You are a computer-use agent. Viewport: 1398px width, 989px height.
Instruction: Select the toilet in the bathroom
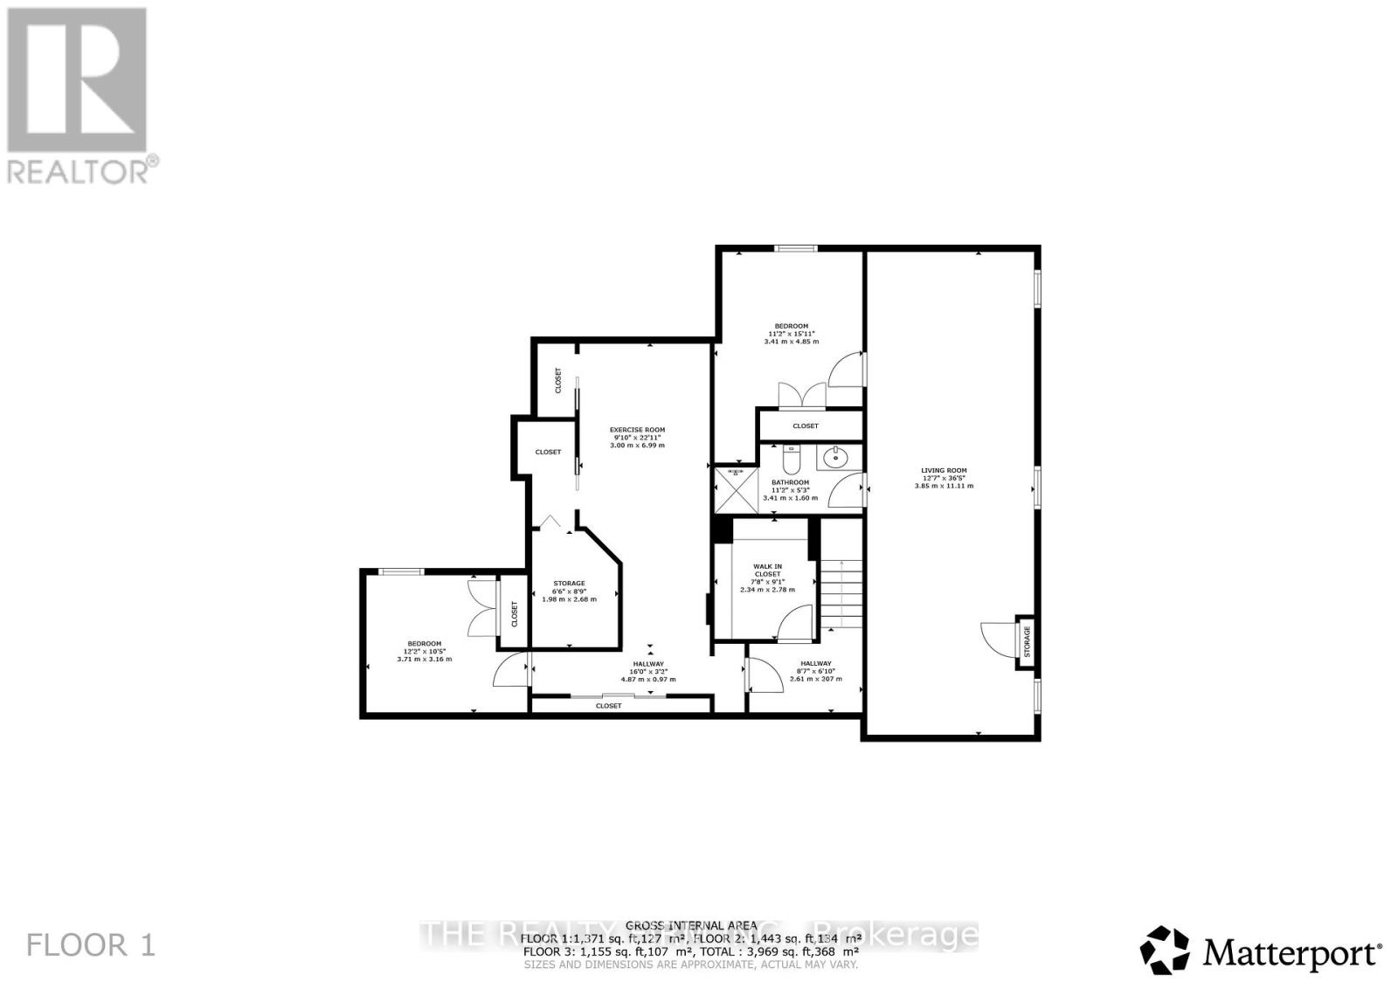click(x=792, y=458)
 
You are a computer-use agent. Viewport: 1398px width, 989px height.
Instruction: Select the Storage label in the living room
click(x=1028, y=642)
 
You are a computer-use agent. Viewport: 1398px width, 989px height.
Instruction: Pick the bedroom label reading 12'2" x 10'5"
click(x=424, y=651)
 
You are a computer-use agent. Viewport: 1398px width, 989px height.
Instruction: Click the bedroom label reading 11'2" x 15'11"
click(x=792, y=334)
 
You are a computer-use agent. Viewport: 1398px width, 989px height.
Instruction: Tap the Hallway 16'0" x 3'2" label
click(x=648, y=671)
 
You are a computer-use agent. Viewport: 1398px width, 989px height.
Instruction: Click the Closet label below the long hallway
click(x=608, y=705)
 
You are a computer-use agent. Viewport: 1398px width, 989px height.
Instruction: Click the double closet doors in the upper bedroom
click(x=802, y=395)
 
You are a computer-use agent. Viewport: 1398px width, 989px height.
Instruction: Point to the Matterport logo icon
click(x=1165, y=950)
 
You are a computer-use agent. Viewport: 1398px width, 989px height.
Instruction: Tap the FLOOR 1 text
click(x=91, y=944)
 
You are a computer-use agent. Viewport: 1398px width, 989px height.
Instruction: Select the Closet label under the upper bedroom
click(x=806, y=425)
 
